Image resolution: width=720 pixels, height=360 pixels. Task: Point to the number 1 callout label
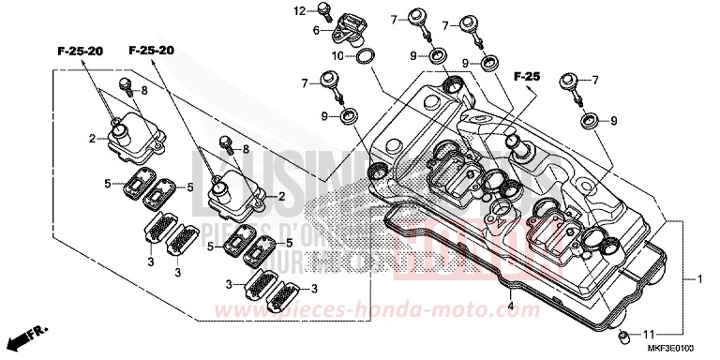click(700, 279)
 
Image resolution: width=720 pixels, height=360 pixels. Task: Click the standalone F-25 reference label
click(528, 73)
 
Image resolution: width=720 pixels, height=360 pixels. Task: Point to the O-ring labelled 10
click(368, 57)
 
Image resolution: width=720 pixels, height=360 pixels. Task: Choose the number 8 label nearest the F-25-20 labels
click(145, 91)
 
